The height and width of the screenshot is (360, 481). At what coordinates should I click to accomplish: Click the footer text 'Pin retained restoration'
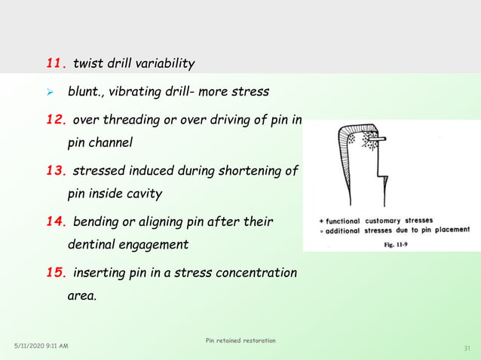[240, 341]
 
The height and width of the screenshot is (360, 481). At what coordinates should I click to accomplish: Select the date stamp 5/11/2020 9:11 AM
[41, 346]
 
